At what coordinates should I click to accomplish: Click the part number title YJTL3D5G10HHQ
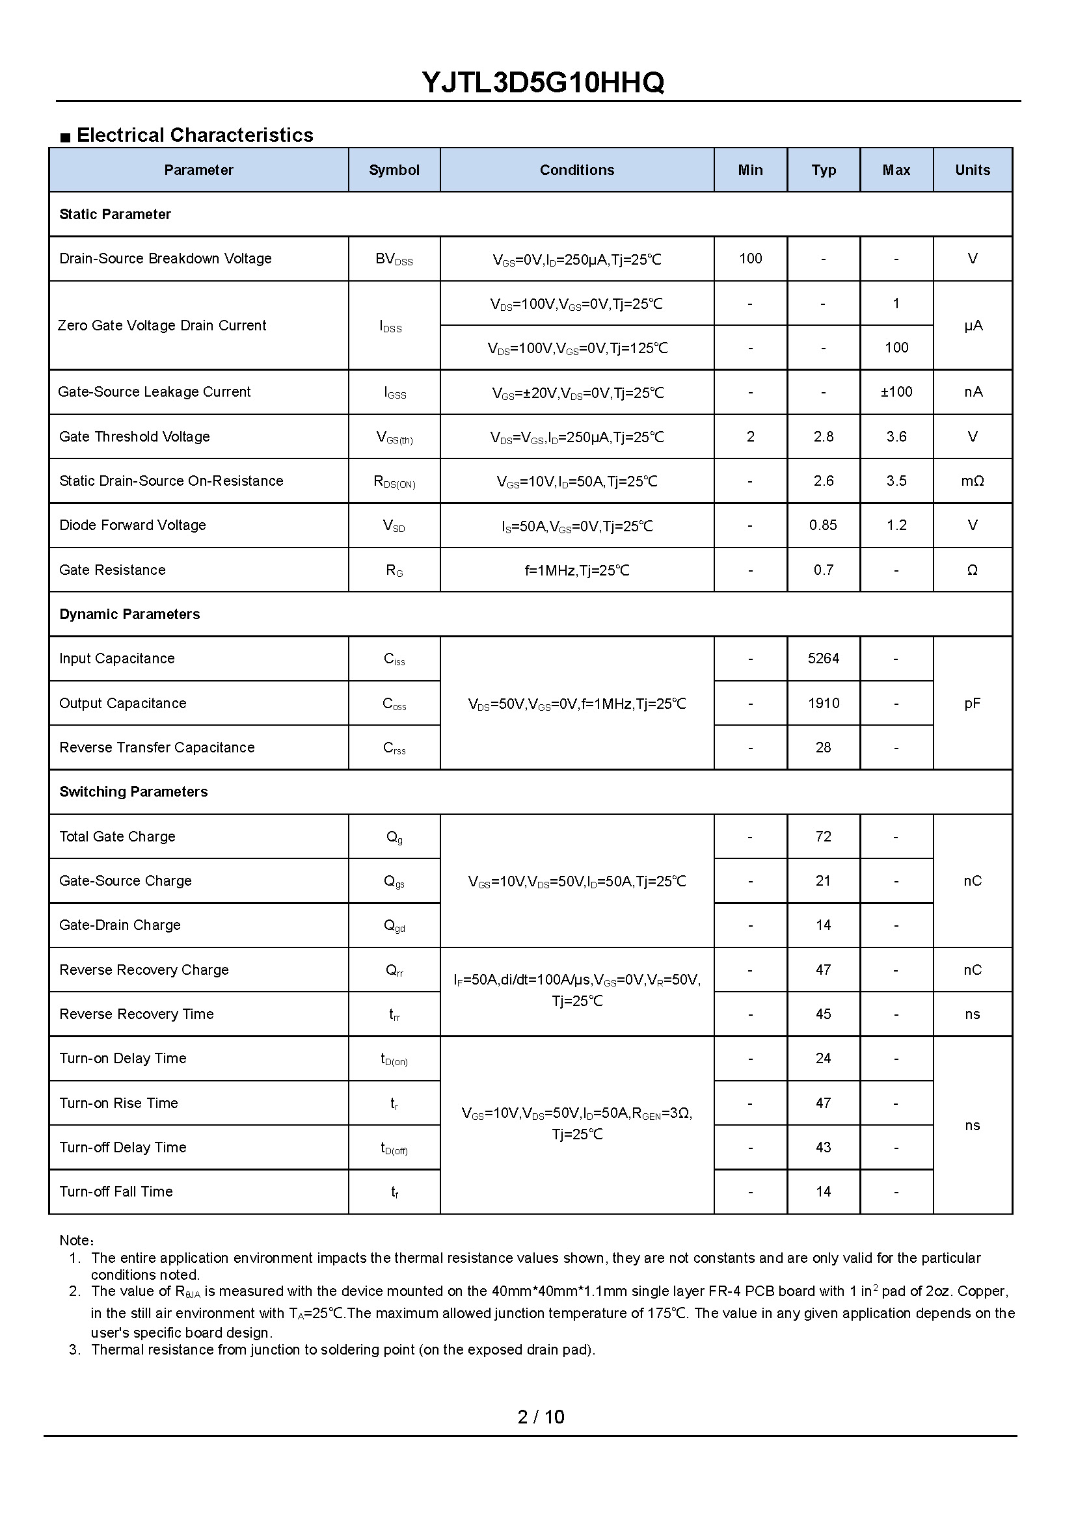[x=543, y=83]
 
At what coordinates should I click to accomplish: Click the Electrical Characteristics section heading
[x=195, y=135]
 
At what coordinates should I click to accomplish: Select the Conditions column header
[x=576, y=170]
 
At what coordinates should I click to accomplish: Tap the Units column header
[x=972, y=170]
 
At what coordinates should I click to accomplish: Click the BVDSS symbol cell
[x=394, y=259]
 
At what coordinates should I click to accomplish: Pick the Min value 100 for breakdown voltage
[x=750, y=258]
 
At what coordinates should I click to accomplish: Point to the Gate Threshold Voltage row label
[x=135, y=436]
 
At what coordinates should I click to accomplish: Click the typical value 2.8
[x=823, y=436]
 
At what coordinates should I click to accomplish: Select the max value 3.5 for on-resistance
[x=896, y=481]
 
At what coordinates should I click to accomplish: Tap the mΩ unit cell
[x=972, y=481]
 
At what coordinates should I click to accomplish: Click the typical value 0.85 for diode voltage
[x=823, y=525]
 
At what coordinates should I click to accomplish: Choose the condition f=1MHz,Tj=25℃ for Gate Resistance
[x=576, y=570]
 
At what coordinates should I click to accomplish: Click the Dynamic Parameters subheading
[x=129, y=614]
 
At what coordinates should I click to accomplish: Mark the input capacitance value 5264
[x=823, y=659]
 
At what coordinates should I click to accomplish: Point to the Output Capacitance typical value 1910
[x=823, y=703]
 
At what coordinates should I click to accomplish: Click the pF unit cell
[x=972, y=703]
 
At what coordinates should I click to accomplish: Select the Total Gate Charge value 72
[x=823, y=837]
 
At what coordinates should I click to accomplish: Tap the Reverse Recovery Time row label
[x=137, y=1014]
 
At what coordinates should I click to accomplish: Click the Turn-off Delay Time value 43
[x=823, y=1147]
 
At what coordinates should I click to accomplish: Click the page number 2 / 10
[x=541, y=1417]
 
